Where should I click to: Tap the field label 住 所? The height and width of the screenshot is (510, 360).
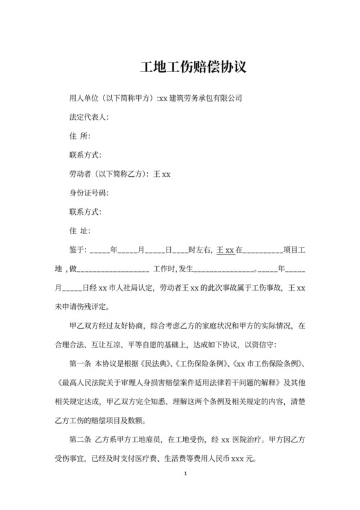pos(80,136)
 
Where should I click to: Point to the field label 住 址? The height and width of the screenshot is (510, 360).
pos(80,230)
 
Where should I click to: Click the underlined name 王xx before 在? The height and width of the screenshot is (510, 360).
pos(226,250)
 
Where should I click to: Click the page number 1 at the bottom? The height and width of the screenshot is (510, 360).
pos(185,475)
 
